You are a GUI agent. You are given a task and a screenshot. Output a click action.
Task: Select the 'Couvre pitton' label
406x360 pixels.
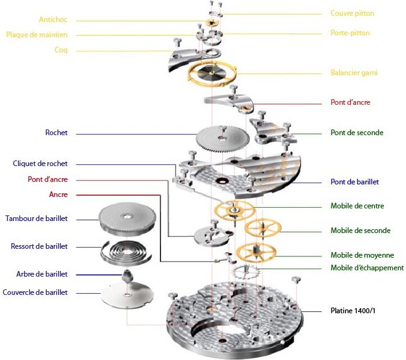tap(352, 13)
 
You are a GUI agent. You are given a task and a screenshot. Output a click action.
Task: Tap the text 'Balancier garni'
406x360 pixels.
tap(354, 73)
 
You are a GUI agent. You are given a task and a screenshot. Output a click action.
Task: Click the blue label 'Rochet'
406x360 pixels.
tap(56, 133)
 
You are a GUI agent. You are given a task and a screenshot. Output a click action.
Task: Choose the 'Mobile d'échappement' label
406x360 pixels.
tap(367, 268)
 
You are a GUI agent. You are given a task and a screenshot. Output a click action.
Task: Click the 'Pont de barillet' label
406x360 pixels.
tap(354, 182)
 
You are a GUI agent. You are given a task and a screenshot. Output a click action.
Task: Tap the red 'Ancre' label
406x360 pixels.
tap(58, 195)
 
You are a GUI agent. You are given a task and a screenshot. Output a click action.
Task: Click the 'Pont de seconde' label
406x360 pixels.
tap(357, 133)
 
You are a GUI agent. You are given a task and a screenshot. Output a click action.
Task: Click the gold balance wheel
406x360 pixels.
tap(212, 75)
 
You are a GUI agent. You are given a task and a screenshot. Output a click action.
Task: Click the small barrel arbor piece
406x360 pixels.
tap(127, 275)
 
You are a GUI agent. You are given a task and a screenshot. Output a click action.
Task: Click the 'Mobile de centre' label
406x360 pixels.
tap(357, 206)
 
